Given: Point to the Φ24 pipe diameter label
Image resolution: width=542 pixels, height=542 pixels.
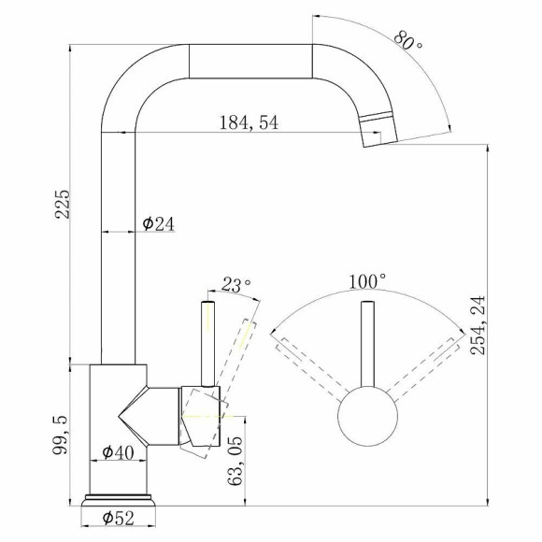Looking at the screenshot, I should pyautogui.click(x=157, y=223).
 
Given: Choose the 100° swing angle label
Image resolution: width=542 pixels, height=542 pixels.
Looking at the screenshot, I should pyautogui.click(x=368, y=280).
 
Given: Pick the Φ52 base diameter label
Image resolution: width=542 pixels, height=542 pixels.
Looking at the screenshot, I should pyautogui.click(x=117, y=515).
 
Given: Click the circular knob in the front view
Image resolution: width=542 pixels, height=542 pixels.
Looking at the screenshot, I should pyautogui.click(x=368, y=420).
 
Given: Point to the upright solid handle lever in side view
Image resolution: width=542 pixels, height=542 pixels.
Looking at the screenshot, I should pyautogui.click(x=207, y=341).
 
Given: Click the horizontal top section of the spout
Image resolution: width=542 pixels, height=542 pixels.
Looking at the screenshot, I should pyautogui.click(x=250, y=62).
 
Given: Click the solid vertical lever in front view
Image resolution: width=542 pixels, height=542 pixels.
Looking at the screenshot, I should pyautogui.click(x=368, y=346).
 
